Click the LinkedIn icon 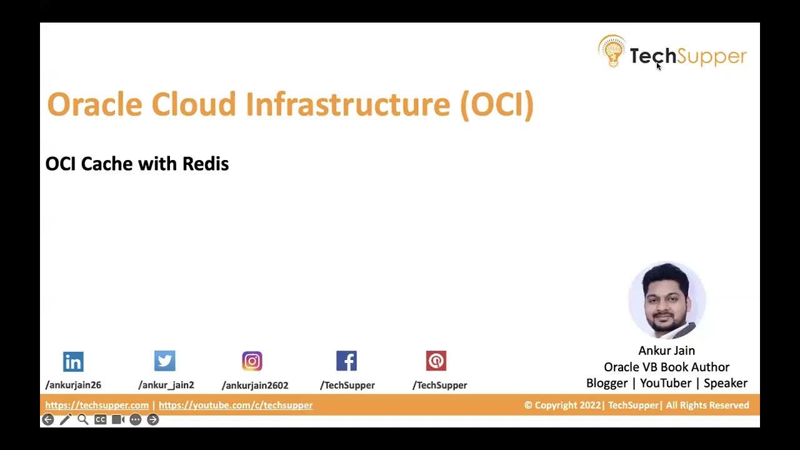pos(73,361)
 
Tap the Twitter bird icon pos(165,361)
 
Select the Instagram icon pos(252,361)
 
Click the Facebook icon pos(346,361)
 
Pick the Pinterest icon pos(436,361)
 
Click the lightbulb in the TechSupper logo pos(612,51)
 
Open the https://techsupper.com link pos(97,405)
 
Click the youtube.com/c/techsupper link pos(236,405)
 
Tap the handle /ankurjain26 pos(73,385)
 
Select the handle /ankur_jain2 pos(166,385)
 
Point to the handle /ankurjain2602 pos(255,385)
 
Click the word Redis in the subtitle pos(205,164)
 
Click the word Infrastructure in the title pos(347,104)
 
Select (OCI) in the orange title pos(497,104)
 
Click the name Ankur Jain pos(666,351)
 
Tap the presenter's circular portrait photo pos(667,301)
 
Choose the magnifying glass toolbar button pos(82,419)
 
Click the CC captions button pos(100,419)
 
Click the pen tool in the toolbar pos(65,419)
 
